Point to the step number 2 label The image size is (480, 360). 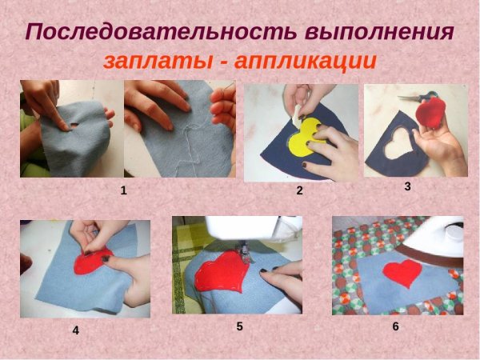tap(299, 190)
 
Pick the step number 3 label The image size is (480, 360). tap(407, 186)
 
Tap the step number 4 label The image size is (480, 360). tap(75, 330)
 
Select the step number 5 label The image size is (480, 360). tap(239, 326)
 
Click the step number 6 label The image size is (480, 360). tap(395, 326)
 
